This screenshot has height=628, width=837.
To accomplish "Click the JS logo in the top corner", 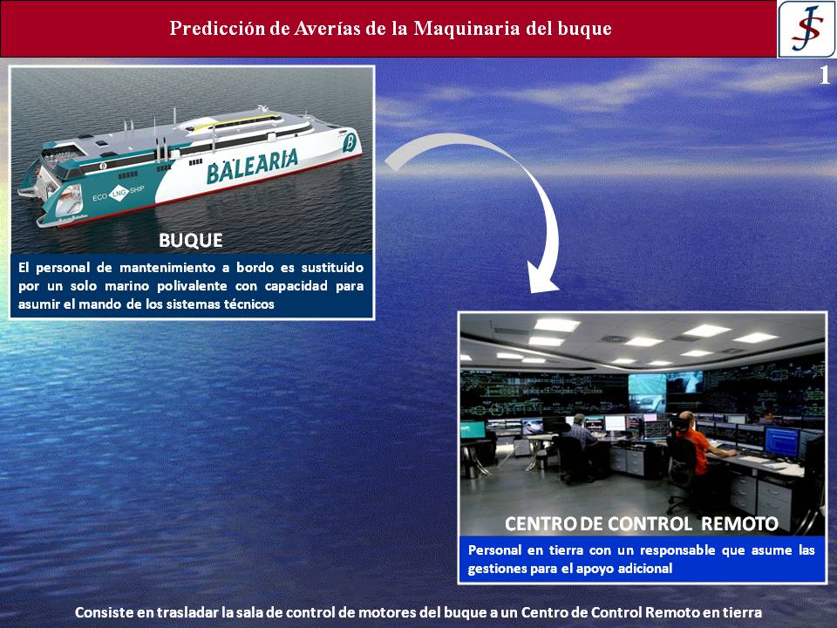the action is pyautogui.click(x=806, y=29).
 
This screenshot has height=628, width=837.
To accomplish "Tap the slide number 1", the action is pyautogui.click(x=825, y=75).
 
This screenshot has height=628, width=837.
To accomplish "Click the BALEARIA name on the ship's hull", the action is pyautogui.click(x=252, y=166).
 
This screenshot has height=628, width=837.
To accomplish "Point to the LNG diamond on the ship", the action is pyautogui.click(x=119, y=194).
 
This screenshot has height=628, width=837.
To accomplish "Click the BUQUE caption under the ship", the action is pyautogui.click(x=191, y=241).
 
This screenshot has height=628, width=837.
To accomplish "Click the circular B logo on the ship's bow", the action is pyautogui.click(x=350, y=144).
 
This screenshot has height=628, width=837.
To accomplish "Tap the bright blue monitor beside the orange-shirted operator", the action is pyautogui.click(x=781, y=442).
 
